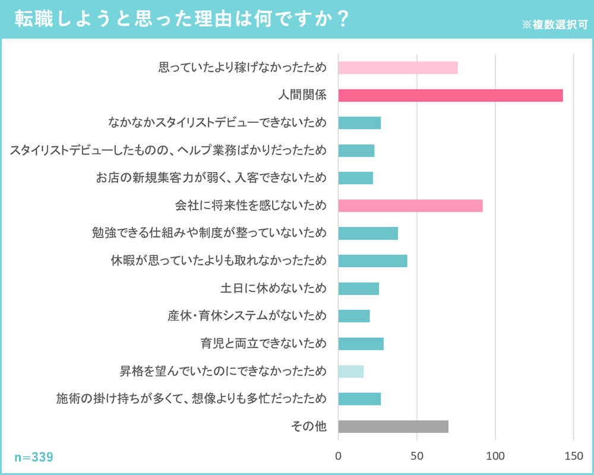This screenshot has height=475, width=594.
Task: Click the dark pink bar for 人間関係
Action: (x=450, y=96)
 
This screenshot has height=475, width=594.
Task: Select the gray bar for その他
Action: (x=393, y=426)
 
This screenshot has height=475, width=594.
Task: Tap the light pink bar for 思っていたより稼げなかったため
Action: (x=398, y=68)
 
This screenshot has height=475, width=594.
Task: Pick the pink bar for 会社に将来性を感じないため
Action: (x=410, y=206)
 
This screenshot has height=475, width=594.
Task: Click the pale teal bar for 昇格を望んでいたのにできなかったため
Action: (x=351, y=372)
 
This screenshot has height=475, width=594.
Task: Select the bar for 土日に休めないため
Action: (x=359, y=289)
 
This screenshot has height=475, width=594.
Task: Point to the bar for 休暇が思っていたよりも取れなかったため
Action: (x=372, y=261)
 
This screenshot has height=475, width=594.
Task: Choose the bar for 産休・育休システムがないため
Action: (x=354, y=316)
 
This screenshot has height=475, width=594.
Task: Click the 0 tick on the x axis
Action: (x=339, y=457)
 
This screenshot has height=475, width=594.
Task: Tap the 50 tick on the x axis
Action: (x=417, y=457)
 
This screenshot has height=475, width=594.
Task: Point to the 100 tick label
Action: (x=495, y=457)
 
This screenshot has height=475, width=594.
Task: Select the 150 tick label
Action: (x=574, y=457)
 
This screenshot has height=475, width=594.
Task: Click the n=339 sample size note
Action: (x=34, y=457)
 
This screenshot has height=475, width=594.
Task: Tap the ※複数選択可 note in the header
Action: (x=554, y=25)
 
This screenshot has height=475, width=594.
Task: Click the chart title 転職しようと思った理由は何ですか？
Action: (x=181, y=18)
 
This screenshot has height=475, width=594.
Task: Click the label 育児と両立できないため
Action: (x=264, y=344)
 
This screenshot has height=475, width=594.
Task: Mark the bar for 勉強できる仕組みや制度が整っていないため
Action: (x=368, y=233)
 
